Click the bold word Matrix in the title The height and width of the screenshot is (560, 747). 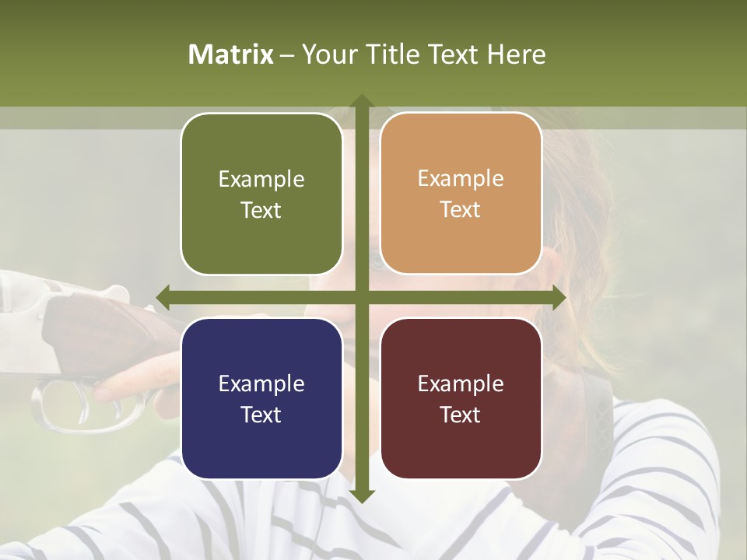[x=231, y=54]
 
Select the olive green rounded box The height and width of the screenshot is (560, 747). [x=261, y=194]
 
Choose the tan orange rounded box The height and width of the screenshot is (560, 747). [x=461, y=194]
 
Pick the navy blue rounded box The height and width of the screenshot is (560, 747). [x=261, y=398]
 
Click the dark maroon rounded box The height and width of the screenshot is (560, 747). [x=461, y=398]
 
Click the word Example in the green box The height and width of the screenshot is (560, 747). [x=261, y=180]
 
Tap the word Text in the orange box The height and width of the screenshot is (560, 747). [x=461, y=210]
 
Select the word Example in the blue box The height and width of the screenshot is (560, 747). [x=261, y=383]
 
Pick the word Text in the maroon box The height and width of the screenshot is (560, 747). [x=461, y=415]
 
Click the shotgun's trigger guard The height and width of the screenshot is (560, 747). [x=78, y=404]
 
